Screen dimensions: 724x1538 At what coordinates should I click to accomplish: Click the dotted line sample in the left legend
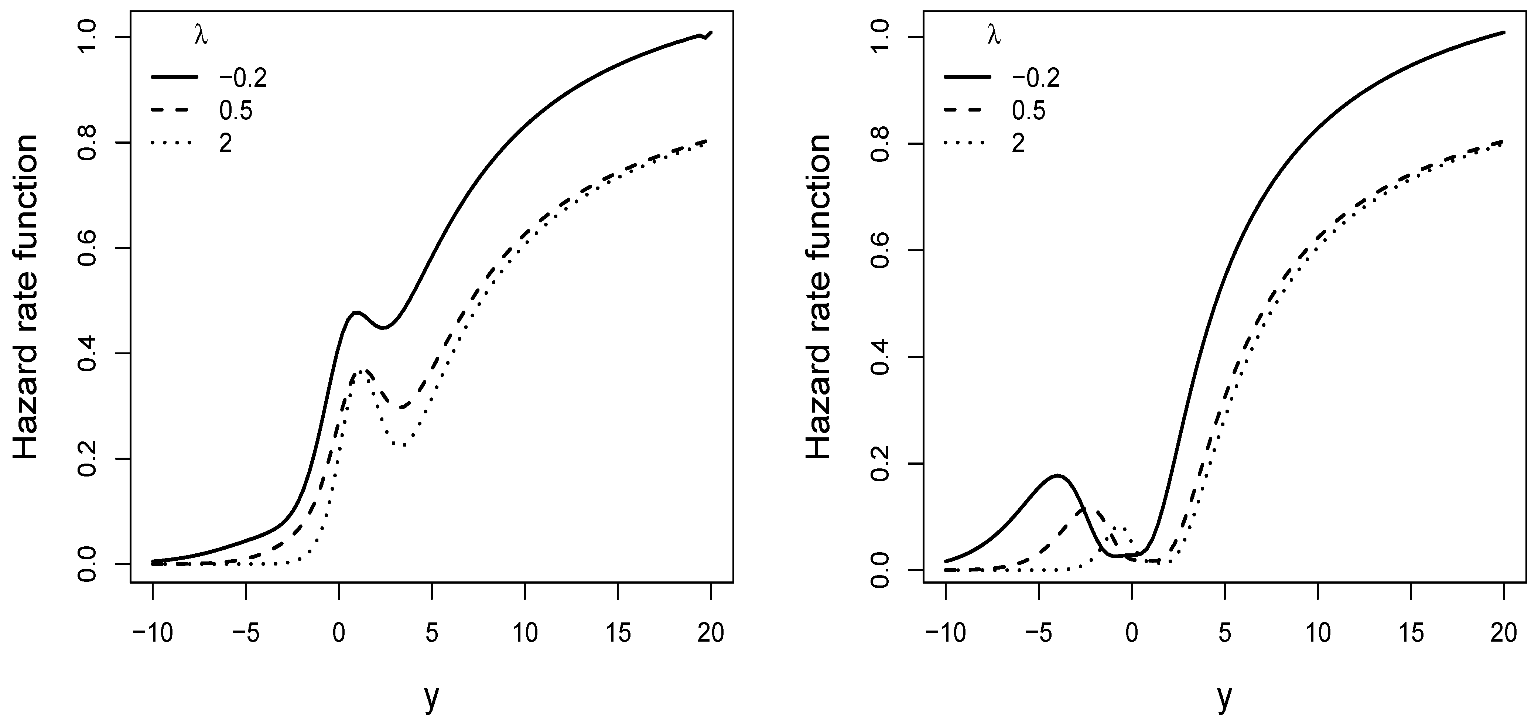point(174,143)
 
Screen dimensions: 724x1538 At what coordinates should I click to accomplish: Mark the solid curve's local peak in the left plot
point(356,312)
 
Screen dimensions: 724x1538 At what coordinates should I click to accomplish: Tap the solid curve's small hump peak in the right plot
point(1057,476)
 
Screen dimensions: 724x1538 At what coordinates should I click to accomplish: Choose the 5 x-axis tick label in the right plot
point(1224,633)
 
